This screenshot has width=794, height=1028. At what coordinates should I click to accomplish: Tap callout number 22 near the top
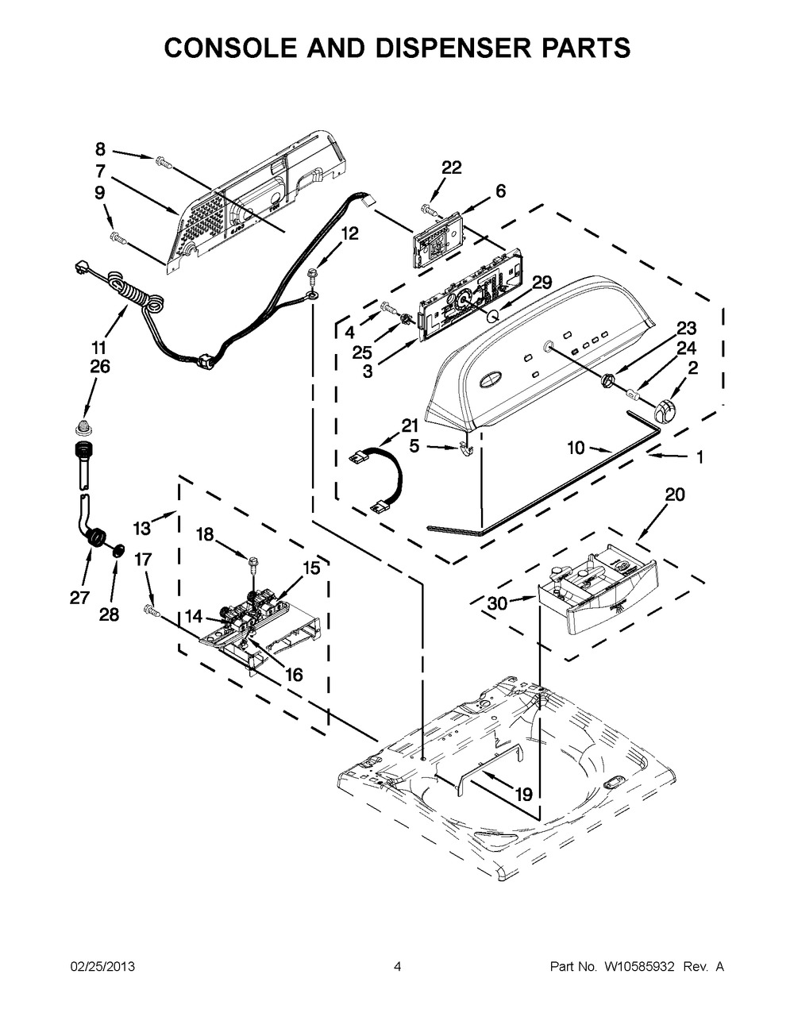point(452,167)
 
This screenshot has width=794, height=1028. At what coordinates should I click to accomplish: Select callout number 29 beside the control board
point(542,283)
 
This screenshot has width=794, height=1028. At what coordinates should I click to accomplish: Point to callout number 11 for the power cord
point(99,348)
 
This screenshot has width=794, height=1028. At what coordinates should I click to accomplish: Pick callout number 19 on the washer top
point(524,795)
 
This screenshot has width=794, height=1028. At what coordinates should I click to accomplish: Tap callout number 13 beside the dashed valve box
point(142,528)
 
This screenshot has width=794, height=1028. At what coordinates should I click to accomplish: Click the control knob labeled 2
point(665,409)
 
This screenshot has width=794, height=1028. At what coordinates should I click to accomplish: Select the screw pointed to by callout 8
point(164,161)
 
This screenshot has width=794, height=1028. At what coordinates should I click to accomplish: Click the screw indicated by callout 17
point(152,612)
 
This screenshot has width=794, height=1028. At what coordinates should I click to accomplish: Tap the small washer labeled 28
point(119,549)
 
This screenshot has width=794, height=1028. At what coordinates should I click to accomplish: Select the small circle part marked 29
point(491,314)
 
